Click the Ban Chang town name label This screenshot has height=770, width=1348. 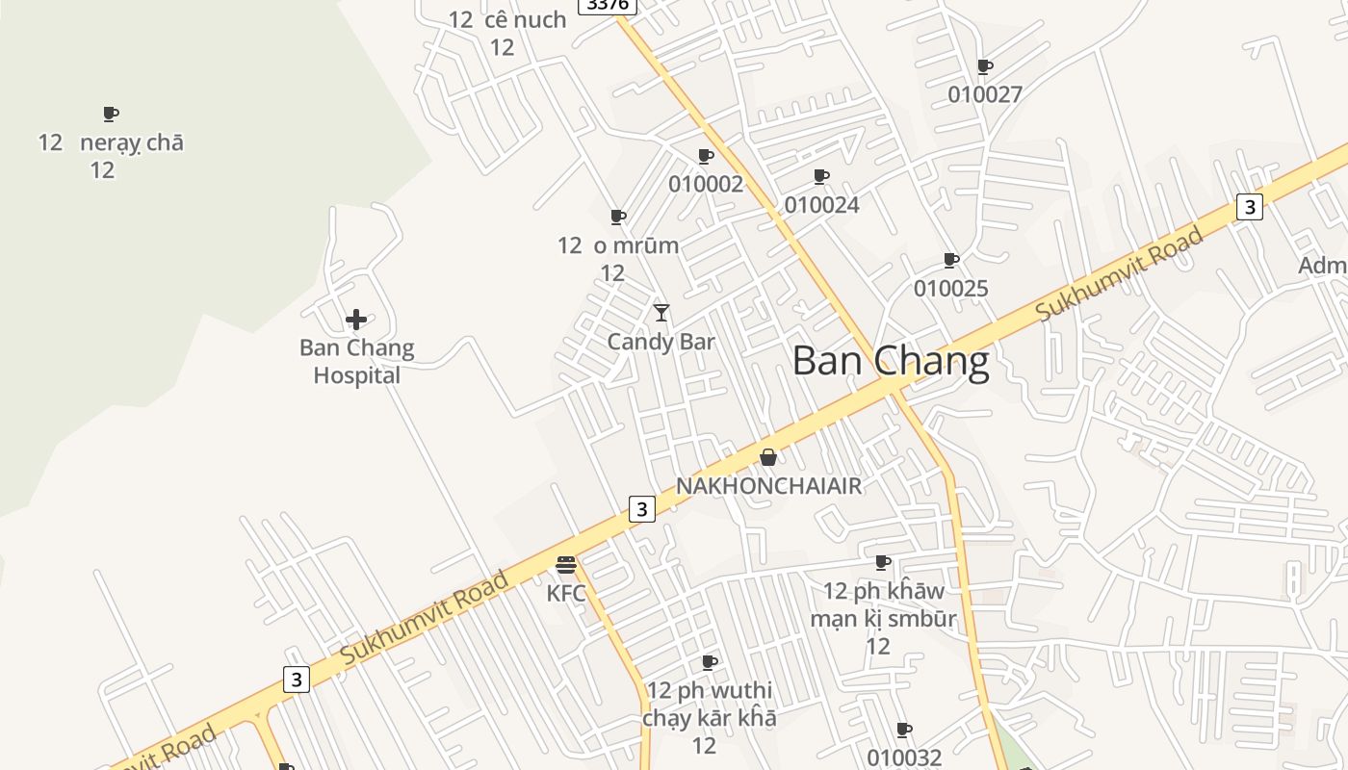point(891,361)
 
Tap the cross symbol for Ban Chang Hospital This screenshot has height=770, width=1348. point(356,320)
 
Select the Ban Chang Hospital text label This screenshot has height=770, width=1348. point(356,361)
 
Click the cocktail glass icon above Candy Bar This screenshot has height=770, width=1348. point(661,313)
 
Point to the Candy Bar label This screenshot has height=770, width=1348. point(661,342)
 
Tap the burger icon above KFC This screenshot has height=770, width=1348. point(566,565)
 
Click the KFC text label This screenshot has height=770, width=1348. point(566,593)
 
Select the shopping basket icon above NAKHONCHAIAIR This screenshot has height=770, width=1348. point(768,457)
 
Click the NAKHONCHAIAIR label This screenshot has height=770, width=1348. point(768,486)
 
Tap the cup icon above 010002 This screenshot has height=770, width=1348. point(706,156)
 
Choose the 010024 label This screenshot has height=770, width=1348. point(821,205)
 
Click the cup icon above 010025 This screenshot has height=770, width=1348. point(951,260)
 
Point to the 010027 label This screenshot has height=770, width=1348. point(985,94)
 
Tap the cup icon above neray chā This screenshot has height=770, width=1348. point(111,115)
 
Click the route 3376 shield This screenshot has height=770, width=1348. point(608,5)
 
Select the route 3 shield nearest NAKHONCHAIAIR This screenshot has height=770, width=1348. point(642,508)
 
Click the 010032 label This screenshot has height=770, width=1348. point(904,757)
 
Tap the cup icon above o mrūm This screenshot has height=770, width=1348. point(618,218)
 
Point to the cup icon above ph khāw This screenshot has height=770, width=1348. point(883,562)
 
